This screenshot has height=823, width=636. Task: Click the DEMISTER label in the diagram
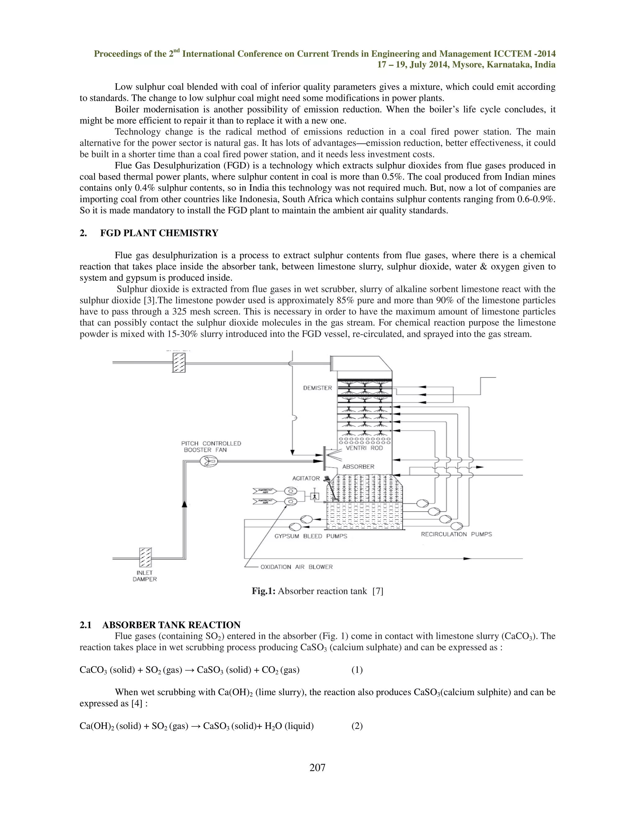point(317,388)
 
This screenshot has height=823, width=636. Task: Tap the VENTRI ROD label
point(364,448)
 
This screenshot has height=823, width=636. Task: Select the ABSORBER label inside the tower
point(358,466)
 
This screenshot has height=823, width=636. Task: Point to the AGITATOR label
point(306,479)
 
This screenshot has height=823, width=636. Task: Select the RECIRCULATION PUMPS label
point(456,534)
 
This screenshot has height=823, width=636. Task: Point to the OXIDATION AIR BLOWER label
point(297,567)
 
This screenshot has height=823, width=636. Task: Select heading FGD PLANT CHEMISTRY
point(159,233)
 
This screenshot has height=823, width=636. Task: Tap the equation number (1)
point(357,670)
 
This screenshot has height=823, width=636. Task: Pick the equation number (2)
point(357,726)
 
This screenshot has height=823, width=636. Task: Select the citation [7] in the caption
point(378,591)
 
